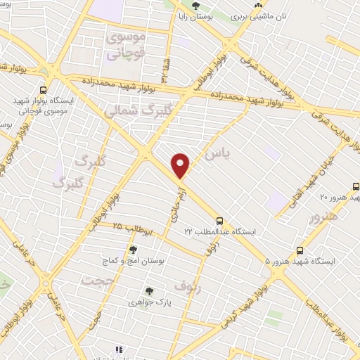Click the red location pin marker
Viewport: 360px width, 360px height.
(x=181, y=166)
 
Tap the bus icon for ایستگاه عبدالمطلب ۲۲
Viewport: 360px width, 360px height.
(x=220, y=219)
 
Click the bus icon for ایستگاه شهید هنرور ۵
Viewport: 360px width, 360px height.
(x=300, y=250)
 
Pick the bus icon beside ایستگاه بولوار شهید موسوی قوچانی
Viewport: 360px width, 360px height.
(x=44, y=90)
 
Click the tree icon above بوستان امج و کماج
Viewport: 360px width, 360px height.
(x=133, y=250)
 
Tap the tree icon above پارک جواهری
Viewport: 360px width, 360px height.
(x=149, y=290)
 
